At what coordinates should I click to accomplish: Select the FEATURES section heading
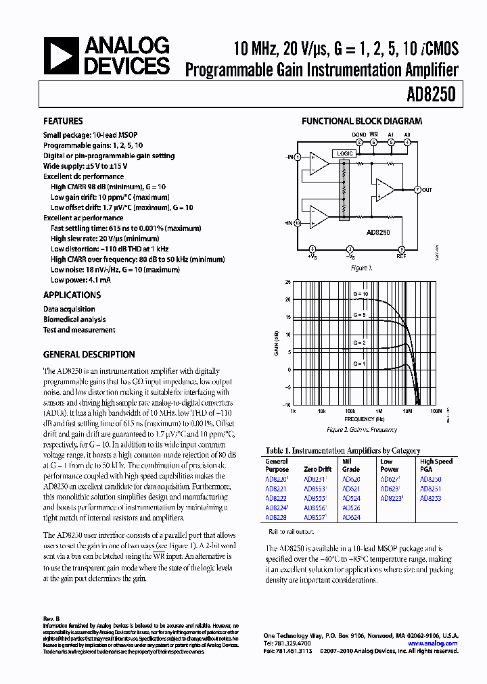(63, 122)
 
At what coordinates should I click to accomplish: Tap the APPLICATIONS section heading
(72, 295)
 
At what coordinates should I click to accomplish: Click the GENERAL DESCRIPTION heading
(89, 355)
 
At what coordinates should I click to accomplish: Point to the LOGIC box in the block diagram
(345, 154)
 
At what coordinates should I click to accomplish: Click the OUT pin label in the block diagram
(427, 190)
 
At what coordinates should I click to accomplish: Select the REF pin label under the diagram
(401, 256)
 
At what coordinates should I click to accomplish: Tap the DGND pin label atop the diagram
(358, 135)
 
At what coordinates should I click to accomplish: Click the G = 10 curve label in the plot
(360, 295)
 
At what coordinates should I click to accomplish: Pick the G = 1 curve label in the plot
(358, 363)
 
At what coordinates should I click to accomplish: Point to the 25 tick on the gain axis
(287, 282)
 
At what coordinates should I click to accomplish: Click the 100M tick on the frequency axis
(436, 410)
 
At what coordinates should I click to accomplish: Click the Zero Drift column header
(319, 468)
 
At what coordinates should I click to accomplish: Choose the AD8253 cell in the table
(430, 498)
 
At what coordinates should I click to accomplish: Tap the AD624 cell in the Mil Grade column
(351, 517)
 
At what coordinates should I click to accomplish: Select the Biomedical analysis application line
(74, 320)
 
